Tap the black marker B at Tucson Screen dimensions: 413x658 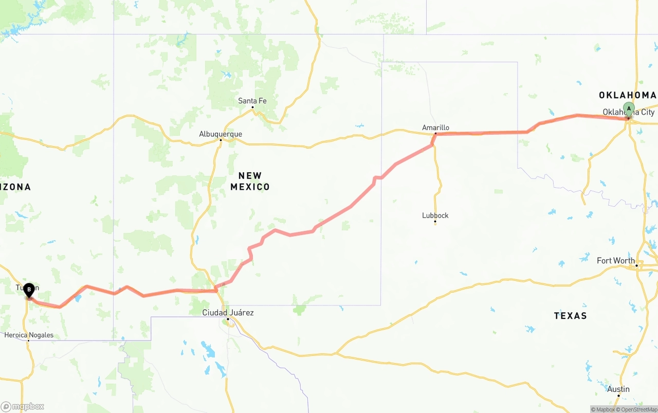tap(29, 290)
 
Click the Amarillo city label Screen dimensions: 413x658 tap(435, 128)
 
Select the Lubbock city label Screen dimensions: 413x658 tap(435, 216)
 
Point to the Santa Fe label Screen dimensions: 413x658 tap(252, 101)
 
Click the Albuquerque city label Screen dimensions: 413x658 tap(221, 134)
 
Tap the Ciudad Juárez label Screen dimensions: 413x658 tap(228, 313)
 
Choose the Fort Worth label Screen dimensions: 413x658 tap(615, 261)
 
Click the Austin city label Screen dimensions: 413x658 tap(618, 389)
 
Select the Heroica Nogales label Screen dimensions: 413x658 tap(29, 335)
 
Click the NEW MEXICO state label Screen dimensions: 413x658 tap(250, 181)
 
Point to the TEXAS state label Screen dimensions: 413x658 tap(570, 316)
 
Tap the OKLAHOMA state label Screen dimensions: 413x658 tap(627, 95)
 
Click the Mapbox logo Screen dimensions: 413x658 tap(23, 406)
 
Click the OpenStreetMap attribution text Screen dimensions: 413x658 tap(638, 409)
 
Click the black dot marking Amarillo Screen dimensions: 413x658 tap(435, 134)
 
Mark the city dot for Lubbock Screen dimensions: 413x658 tap(435, 222)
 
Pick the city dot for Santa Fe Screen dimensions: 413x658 tap(252, 107)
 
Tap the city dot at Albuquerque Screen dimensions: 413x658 tap(221, 140)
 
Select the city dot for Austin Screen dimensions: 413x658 tap(618, 396)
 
